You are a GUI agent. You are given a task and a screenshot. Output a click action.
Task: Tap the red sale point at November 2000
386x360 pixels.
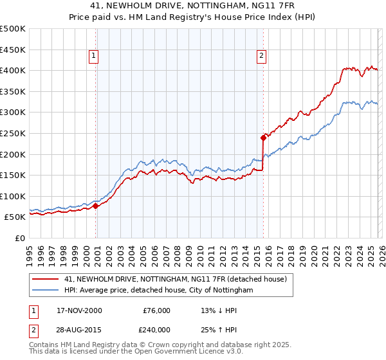pyautogui.click(x=96, y=206)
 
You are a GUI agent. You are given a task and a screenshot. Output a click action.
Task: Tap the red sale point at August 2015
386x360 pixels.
pyautogui.click(x=263, y=137)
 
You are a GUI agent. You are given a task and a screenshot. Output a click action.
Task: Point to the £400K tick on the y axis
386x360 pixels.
pyautogui.click(x=13, y=70)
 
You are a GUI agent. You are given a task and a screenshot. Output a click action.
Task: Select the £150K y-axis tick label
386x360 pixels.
pyautogui.click(x=13, y=175)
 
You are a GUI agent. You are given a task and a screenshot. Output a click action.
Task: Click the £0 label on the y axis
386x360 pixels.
pyautogui.click(x=20, y=238)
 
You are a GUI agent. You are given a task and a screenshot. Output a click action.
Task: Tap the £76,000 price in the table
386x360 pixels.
pyautogui.click(x=157, y=310)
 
